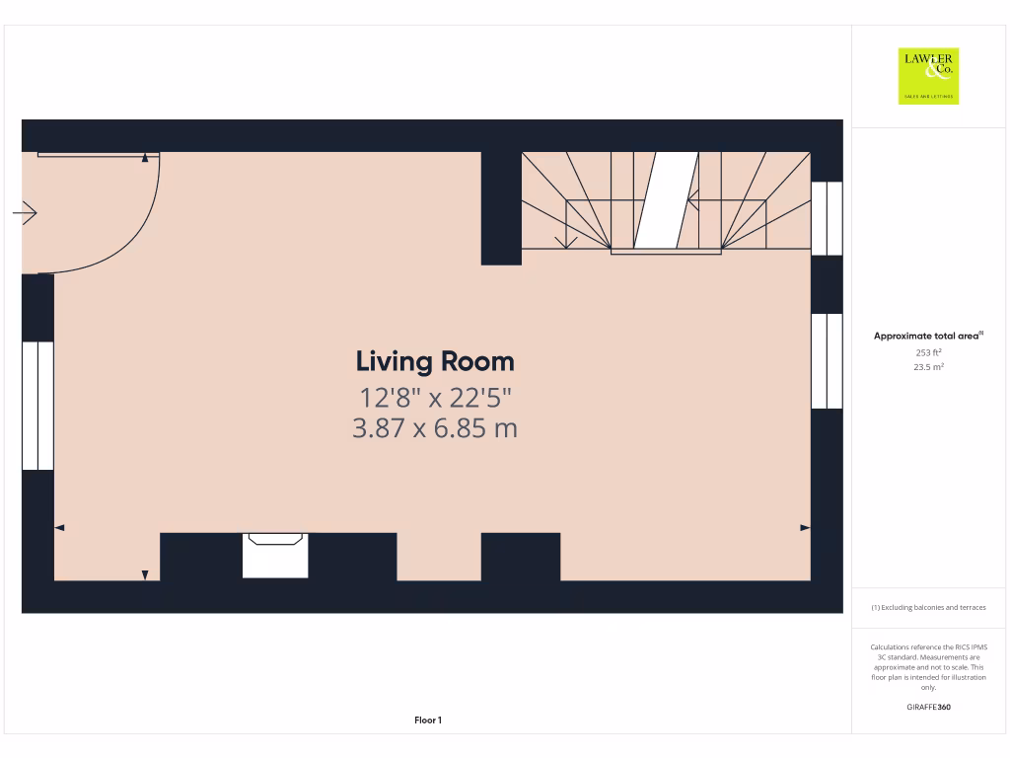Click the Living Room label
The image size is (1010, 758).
[435, 361]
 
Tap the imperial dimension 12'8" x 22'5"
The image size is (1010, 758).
[435, 398]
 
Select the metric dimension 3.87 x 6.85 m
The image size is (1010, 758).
[435, 428]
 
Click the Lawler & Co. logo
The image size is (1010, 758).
[928, 76]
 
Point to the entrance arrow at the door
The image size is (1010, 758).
[26, 212]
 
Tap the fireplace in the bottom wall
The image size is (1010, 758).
[275, 555]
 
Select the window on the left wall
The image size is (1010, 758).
[37, 406]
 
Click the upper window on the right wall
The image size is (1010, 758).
[827, 218]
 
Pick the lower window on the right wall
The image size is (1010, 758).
[827, 360]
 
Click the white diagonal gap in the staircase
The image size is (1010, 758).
[666, 200]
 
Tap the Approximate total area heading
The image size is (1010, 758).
[927, 337]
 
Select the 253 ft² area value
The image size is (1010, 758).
[927, 352]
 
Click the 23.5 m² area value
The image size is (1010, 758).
[927, 367]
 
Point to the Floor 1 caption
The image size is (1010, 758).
[428, 720]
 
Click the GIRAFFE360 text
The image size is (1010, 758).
[928, 707]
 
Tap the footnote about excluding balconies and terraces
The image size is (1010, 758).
[928, 608]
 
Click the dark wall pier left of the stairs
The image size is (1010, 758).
[501, 208]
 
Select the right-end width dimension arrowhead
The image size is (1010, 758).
[805, 528]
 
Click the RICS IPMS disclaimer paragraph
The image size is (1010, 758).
[928, 667]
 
